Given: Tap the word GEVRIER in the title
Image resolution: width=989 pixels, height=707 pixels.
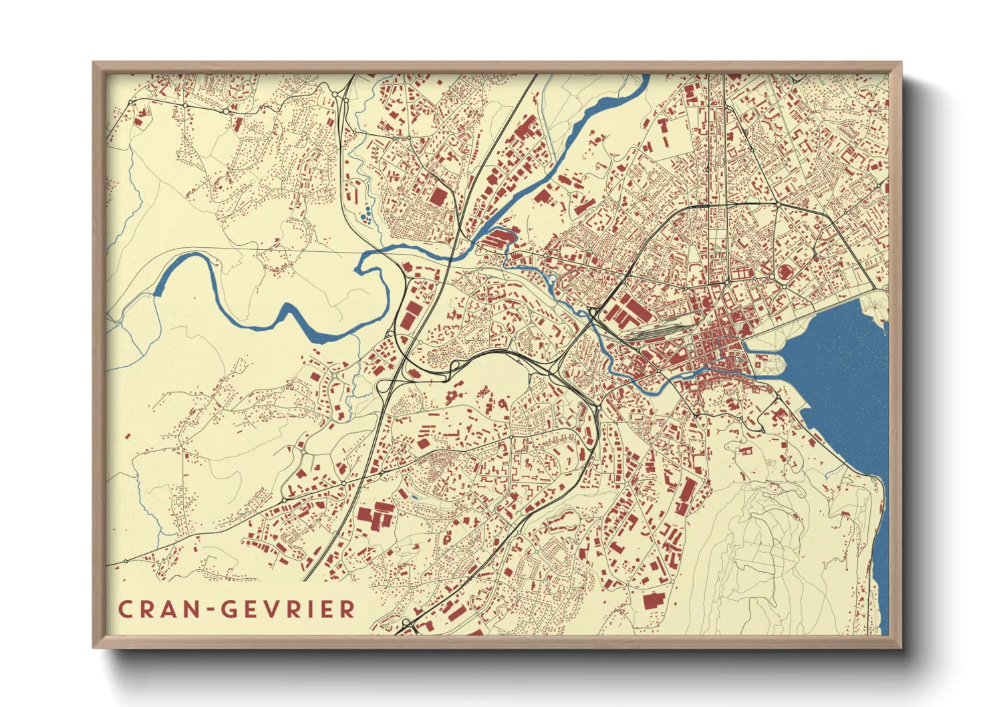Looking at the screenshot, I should (x=288, y=609).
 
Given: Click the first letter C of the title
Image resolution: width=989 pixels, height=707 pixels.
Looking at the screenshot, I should (x=125, y=609).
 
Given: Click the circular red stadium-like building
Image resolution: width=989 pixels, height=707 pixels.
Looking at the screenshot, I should (x=785, y=273).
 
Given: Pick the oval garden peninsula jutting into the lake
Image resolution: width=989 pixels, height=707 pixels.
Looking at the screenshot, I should (x=768, y=365).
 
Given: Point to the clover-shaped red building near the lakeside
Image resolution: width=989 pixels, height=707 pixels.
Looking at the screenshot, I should (x=777, y=415).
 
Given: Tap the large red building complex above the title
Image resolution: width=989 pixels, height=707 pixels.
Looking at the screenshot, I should (x=376, y=517).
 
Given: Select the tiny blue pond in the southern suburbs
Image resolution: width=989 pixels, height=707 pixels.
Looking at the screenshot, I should (x=414, y=497).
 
